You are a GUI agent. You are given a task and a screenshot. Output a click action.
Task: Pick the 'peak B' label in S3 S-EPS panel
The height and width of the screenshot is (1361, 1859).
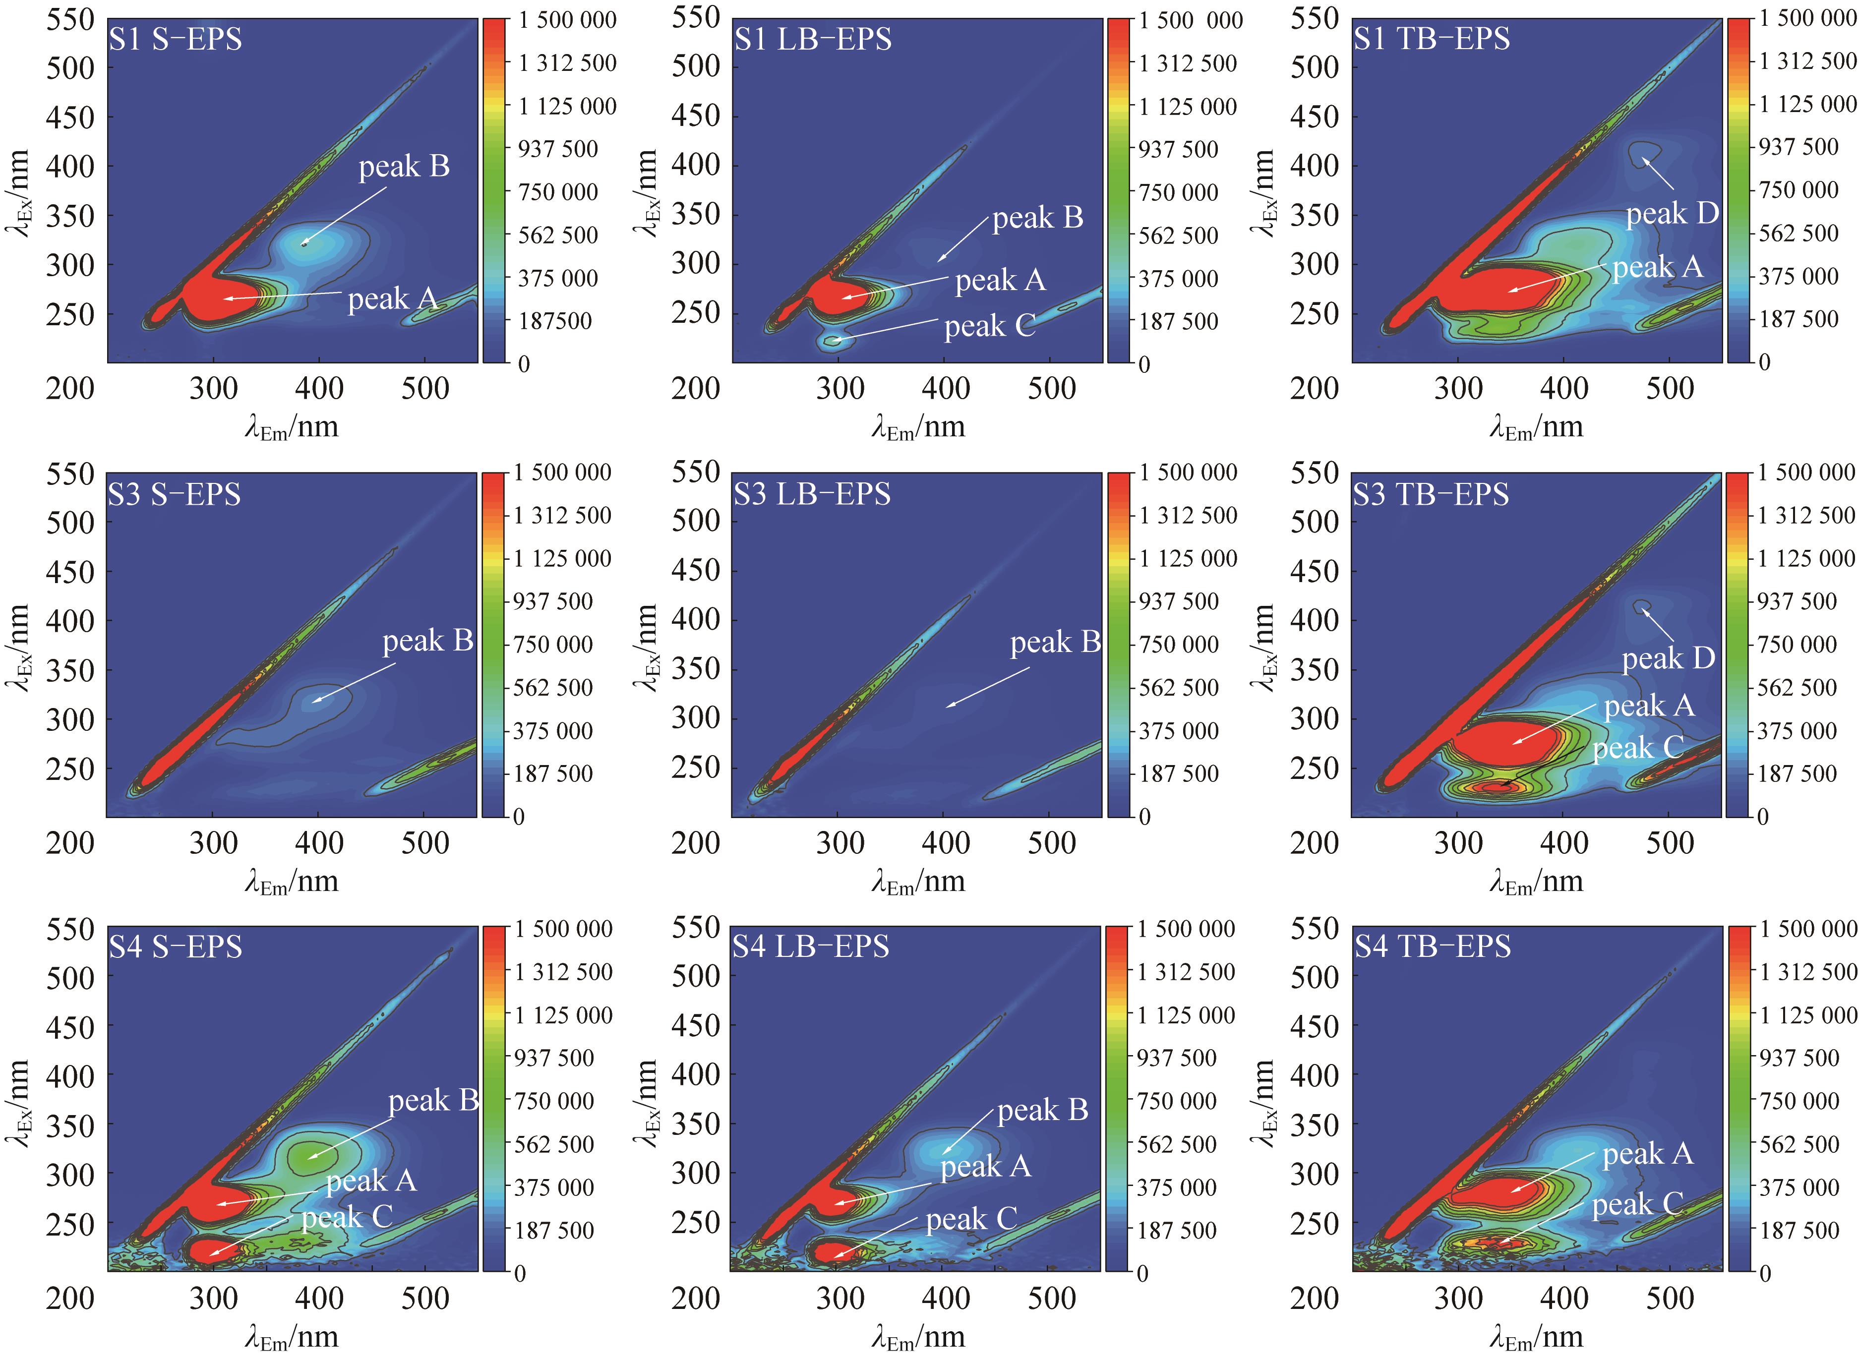427,641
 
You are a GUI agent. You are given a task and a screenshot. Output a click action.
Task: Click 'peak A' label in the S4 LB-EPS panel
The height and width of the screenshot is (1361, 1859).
986,1167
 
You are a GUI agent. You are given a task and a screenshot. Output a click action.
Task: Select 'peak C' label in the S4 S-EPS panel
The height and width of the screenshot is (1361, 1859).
347,1218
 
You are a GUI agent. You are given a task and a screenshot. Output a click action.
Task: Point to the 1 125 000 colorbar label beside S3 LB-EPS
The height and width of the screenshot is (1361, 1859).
1188,559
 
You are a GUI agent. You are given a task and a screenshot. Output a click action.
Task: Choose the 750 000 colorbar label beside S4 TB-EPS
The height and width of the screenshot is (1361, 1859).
1799,1101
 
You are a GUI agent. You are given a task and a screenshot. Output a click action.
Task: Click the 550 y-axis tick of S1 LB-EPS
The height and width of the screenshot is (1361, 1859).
696,18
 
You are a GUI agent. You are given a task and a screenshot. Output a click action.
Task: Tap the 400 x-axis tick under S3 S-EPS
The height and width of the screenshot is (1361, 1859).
319,843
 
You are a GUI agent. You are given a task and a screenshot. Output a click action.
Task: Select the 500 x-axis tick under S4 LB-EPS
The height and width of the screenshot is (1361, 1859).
1051,1299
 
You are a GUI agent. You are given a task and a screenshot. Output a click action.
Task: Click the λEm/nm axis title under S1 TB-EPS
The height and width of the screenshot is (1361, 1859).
1536,427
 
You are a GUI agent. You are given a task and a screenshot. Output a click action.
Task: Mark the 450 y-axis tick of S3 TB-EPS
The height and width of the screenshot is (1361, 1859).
1315,570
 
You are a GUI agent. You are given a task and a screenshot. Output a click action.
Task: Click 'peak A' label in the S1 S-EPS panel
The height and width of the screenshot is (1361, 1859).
392,299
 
